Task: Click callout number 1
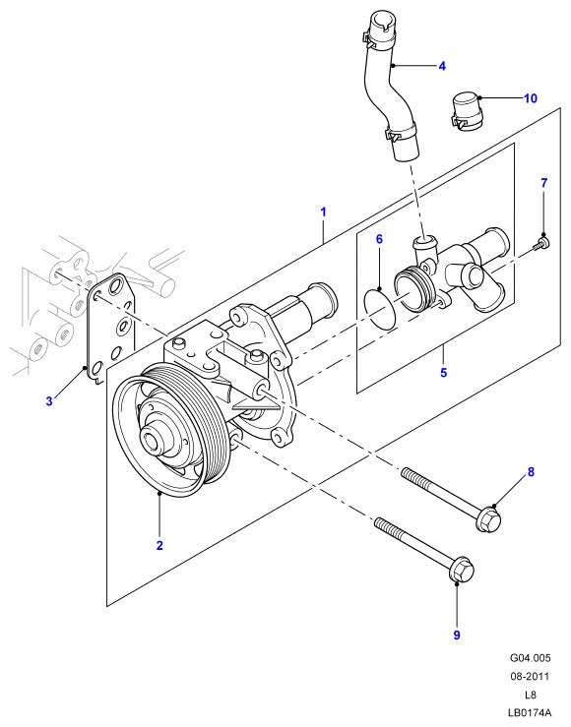coord(323,212)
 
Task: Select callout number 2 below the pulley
coord(159,545)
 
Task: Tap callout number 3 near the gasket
coord(49,401)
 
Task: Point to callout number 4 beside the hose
coord(442,66)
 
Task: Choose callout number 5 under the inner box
coord(443,372)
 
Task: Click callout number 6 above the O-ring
coord(379,239)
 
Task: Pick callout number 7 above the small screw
coord(543,183)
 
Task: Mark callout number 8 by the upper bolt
coord(531,472)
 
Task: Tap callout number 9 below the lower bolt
coord(457,635)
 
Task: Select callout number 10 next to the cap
coord(531,98)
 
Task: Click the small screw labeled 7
coord(540,244)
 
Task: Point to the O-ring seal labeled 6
coord(380,309)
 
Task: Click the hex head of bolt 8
coord(488,520)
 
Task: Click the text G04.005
coord(531,658)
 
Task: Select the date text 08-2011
coord(531,677)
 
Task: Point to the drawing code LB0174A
coord(531,712)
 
